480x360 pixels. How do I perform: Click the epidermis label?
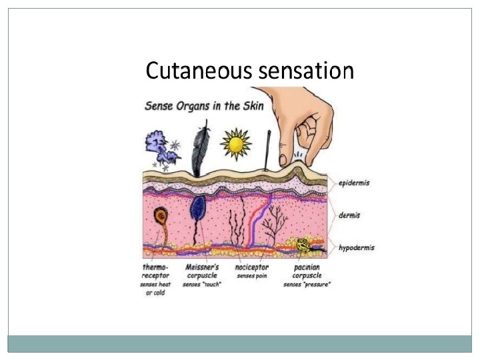pyautogui.click(x=353, y=183)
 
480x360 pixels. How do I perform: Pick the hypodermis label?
pyautogui.click(x=357, y=247)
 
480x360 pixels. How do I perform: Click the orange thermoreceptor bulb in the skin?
pyautogui.click(x=161, y=215)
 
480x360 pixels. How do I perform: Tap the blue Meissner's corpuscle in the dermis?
pyautogui.click(x=197, y=208)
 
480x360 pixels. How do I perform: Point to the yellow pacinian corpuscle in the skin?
pyautogui.click(x=303, y=245)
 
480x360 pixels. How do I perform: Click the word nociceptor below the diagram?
pyautogui.click(x=252, y=267)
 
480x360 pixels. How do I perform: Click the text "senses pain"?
pyautogui.click(x=252, y=275)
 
